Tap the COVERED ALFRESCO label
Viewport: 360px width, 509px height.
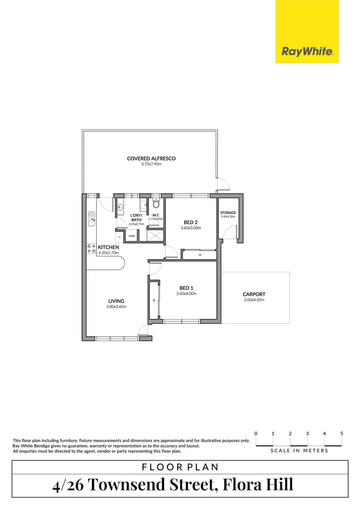[x=151, y=159]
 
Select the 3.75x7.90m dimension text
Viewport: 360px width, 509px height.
[x=151, y=164]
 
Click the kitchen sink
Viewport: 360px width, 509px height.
[x=91, y=218]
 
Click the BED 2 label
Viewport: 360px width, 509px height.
[x=190, y=222]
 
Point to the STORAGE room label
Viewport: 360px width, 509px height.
[x=228, y=213]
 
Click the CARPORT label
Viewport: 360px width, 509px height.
[x=254, y=295]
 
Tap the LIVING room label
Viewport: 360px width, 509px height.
[x=116, y=301]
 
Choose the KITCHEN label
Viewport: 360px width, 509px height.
[x=108, y=247]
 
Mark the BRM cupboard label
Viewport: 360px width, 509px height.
[x=132, y=236]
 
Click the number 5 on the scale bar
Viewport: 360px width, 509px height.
[x=342, y=433]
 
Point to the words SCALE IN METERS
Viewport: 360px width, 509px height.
[x=299, y=451]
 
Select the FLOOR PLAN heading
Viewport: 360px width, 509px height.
[x=180, y=467]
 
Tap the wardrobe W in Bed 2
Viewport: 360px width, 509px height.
[x=199, y=255]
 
